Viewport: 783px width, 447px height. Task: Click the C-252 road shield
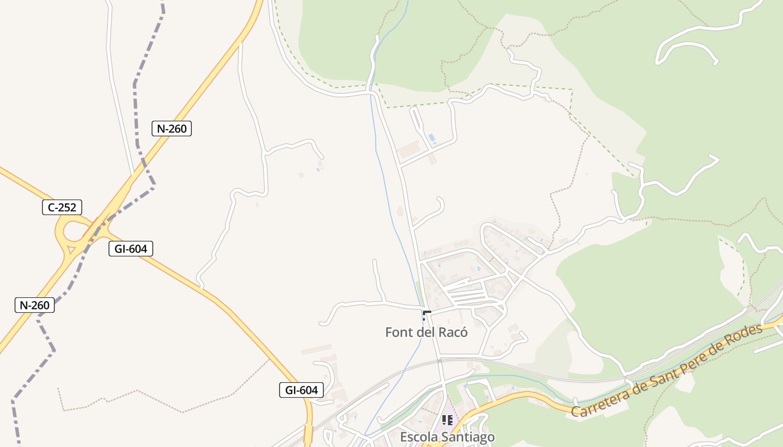click(62, 207)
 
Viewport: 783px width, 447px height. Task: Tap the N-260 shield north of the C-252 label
click(172, 129)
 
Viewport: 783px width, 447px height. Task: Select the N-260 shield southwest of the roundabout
click(34, 305)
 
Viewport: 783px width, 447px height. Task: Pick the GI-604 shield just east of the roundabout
click(130, 249)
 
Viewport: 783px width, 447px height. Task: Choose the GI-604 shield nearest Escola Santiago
click(301, 390)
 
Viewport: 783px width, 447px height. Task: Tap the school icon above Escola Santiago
click(447, 420)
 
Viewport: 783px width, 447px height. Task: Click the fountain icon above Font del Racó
click(427, 315)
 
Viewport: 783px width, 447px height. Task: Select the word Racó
click(452, 332)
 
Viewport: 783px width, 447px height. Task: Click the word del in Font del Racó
click(426, 332)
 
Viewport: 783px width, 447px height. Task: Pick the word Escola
click(417, 437)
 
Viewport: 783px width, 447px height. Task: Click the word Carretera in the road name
click(600, 402)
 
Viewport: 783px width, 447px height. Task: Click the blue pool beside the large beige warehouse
click(431, 137)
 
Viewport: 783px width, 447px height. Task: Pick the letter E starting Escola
click(404, 437)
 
